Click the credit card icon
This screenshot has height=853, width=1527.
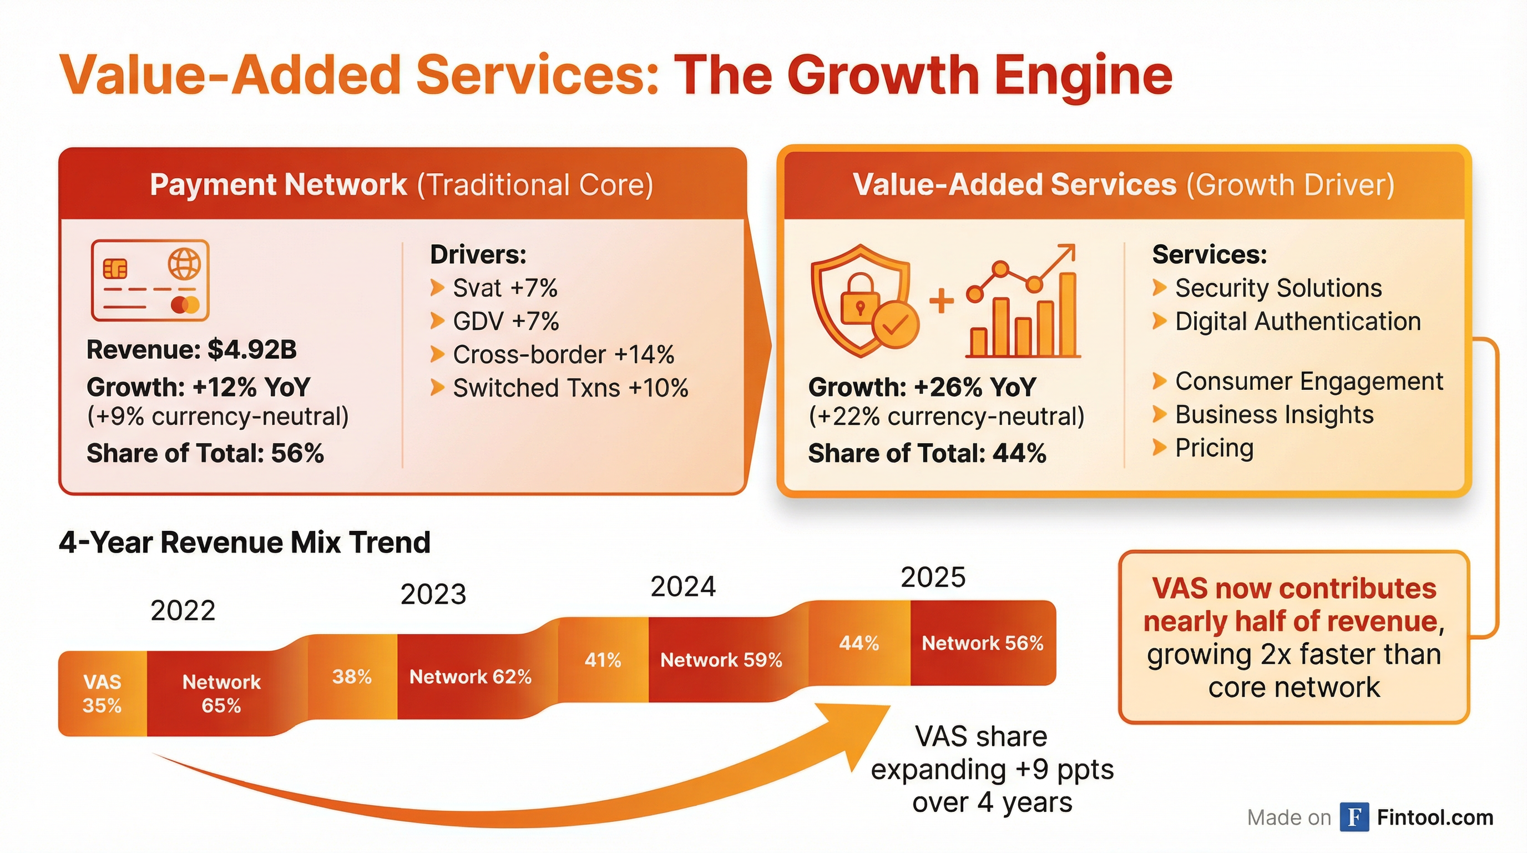(x=150, y=280)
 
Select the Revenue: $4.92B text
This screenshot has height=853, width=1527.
(x=191, y=349)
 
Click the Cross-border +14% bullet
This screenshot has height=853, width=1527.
(x=563, y=355)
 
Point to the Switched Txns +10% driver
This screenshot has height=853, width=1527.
(x=570, y=388)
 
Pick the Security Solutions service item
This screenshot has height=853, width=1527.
(x=1278, y=288)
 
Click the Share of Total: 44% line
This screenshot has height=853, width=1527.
(x=927, y=453)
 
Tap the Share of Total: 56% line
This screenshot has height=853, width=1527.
(x=205, y=453)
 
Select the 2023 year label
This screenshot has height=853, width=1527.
(x=433, y=594)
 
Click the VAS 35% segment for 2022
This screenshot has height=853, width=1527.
(x=102, y=694)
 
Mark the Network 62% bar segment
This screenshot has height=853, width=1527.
(x=470, y=676)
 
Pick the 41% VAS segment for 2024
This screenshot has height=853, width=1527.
(x=602, y=660)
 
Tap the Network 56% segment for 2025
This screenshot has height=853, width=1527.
(x=982, y=643)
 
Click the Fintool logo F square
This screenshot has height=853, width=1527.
(x=1354, y=817)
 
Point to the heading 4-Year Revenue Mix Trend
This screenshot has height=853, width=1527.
(x=244, y=542)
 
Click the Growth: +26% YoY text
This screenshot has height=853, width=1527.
(x=922, y=388)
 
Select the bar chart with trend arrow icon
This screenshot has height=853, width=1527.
(x=1023, y=303)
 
